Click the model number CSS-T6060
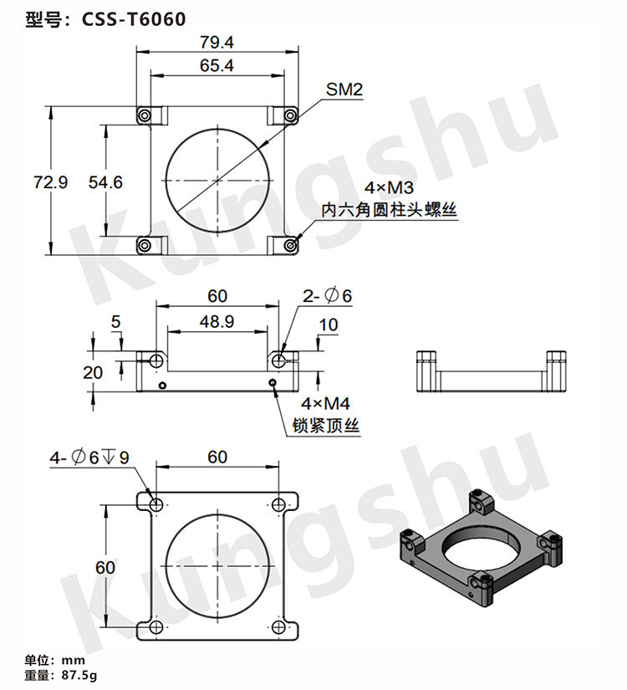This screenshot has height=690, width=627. pos(134,19)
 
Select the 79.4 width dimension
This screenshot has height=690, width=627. pos(217,43)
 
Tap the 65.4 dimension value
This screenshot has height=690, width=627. pos(217,65)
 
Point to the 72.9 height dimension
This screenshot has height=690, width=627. pos(51,182)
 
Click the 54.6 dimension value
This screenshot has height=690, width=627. pos(105,182)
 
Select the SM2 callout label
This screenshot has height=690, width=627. pos(344,89)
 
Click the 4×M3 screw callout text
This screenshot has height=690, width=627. pos(389,188)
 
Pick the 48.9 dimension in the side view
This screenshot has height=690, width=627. pos(217,322)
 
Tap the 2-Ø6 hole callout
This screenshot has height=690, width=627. pos(327,296)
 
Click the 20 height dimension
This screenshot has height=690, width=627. pos(93,373)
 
